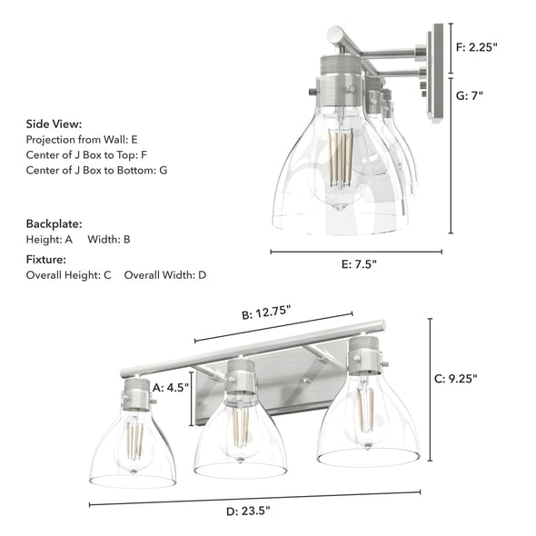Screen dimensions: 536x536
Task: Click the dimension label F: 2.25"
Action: point(477,47)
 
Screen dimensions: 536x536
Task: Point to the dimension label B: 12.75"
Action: point(266,313)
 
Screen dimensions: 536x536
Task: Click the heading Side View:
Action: point(54,124)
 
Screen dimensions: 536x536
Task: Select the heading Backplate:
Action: point(54,223)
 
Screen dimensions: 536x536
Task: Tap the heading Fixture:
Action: point(47,259)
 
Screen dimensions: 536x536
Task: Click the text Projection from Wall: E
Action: point(82,140)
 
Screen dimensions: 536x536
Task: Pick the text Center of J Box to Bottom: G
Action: point(96,170)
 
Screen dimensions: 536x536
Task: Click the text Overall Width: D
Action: point(165,274)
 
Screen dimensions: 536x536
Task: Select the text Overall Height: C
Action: point(68,274)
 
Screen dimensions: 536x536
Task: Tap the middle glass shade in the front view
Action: point(240,441)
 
